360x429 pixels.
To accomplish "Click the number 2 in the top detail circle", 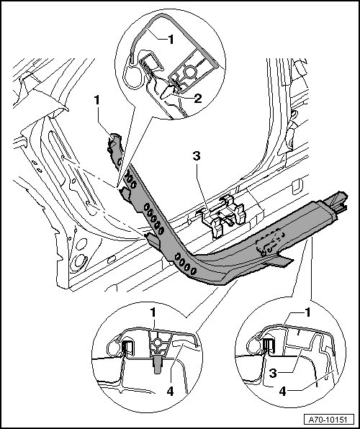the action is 198,99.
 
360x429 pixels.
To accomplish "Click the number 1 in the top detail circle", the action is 171,40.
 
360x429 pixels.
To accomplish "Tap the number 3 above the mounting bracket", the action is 197,156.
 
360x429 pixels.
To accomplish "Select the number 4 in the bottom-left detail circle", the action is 170,392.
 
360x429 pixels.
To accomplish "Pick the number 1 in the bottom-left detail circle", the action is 153,312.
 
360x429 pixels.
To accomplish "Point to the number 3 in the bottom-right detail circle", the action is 273,373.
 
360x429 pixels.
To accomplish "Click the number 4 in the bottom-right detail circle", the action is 282,392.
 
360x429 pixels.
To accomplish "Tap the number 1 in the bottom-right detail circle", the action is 308,312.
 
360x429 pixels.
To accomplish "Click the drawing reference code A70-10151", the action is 328,420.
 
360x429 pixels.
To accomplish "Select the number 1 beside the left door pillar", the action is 97,100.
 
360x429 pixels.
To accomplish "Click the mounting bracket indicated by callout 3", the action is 223,216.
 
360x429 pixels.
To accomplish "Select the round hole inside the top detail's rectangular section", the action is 189,72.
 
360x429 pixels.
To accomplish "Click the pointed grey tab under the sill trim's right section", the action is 279,261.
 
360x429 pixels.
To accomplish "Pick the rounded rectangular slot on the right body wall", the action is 297,187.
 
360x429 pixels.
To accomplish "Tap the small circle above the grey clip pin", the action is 157,343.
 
